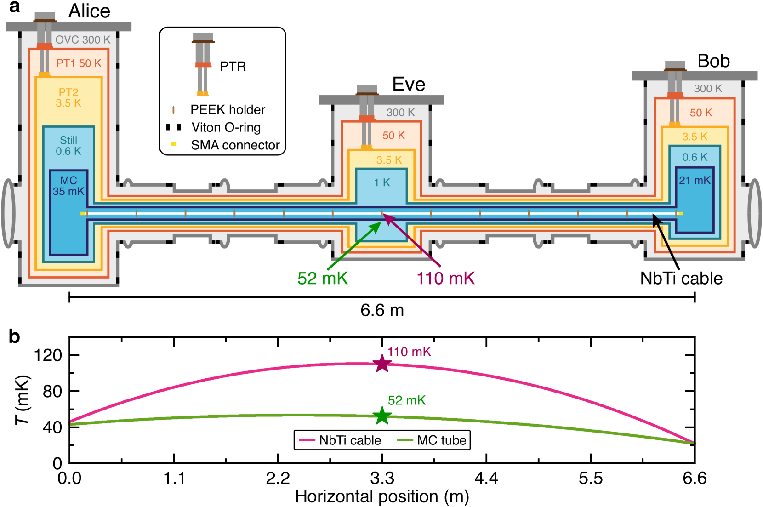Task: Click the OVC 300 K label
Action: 83,40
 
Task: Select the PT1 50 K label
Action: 79,63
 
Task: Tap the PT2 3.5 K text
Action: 68,97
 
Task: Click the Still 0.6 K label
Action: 68,146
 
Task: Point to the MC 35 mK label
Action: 68,186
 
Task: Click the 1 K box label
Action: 382,183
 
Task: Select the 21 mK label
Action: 695,180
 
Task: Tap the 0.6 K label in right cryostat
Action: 695,157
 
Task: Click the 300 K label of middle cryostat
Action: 400,113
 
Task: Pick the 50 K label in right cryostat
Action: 700,113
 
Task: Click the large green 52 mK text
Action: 323,279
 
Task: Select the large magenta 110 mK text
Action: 445,279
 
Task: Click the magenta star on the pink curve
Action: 382,364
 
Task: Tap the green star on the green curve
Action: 382,416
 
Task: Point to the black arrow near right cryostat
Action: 664,238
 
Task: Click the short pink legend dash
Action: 307,440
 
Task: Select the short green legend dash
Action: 405,440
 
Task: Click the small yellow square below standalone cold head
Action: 173,144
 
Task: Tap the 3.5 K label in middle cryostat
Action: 389,160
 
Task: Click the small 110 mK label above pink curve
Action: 409,352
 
